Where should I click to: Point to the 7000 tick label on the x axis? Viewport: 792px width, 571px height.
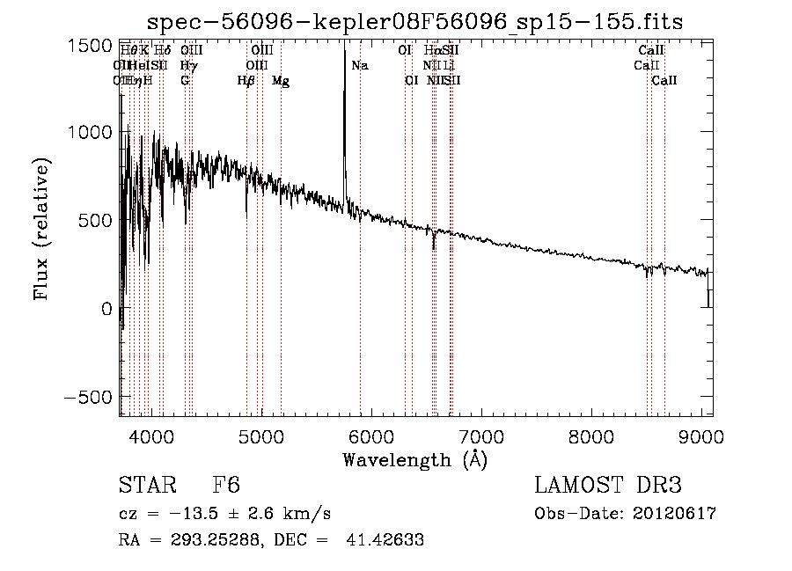481,434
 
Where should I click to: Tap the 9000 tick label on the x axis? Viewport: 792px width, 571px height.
701,434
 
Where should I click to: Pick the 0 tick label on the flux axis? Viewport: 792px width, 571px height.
106,309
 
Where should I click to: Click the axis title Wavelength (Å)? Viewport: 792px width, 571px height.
414,459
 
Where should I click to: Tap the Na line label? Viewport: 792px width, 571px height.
360,66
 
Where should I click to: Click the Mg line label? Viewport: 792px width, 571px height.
281,81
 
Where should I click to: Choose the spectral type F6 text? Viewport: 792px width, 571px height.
226,486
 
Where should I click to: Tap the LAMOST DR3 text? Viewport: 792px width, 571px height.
608,486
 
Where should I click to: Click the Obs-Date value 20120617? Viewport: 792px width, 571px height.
674,514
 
